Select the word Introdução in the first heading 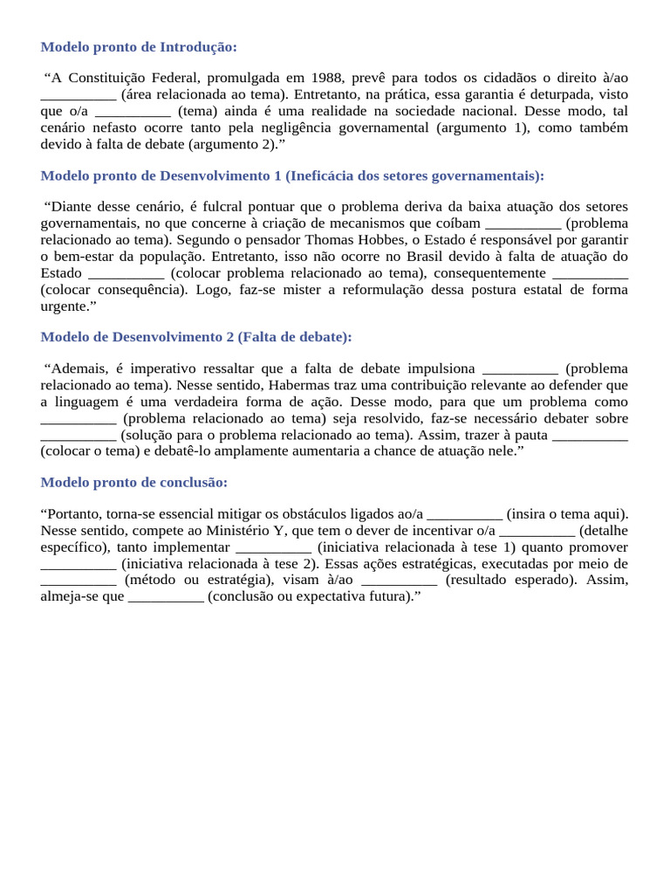click(199, 46)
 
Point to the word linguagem click(88, 402)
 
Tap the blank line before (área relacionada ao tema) click(79, 95)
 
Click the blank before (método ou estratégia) click(79, 580)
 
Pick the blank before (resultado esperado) click(399, 580)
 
